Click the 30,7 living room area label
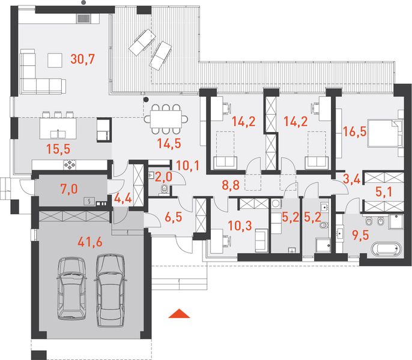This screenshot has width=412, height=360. pos(82,59)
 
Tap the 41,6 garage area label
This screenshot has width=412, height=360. pos(90,242)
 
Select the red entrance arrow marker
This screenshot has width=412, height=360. pos(179,313)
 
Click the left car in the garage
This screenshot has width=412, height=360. pos(71,288)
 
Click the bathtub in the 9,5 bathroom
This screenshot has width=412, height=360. pos(386,249)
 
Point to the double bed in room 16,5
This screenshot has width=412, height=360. pos(385,133)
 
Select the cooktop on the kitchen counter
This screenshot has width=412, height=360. pos(70,164)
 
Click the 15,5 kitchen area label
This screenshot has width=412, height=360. pos(58,149)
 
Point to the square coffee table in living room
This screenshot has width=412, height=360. pos(55,60)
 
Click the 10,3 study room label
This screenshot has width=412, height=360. pos(240,225)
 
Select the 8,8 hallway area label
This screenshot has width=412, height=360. pos(231,185)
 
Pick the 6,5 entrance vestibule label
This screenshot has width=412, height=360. pos(174,217)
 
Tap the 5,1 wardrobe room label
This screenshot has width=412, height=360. pos(384,192)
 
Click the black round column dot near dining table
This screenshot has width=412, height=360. pos(146,99)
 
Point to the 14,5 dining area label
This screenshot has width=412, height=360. pos(169,143)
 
